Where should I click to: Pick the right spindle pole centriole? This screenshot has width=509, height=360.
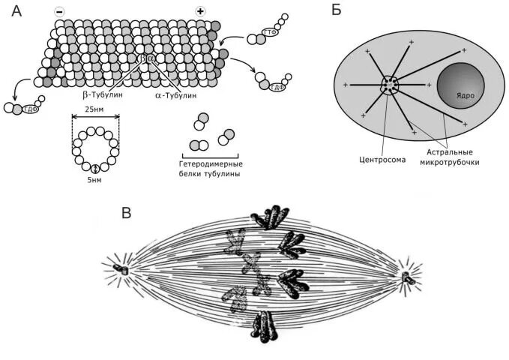[406, 277]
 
